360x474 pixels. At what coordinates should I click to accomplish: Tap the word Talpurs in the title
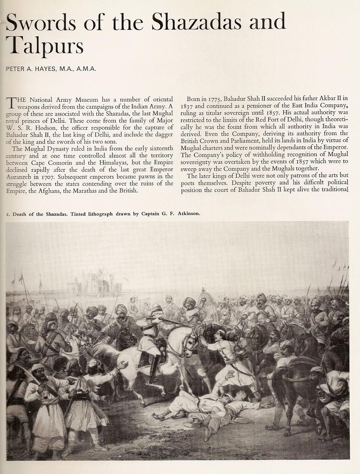[45, 45]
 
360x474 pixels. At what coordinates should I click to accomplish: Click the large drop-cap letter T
[12, 103]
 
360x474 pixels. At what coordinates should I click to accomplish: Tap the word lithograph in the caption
[97, 213]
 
